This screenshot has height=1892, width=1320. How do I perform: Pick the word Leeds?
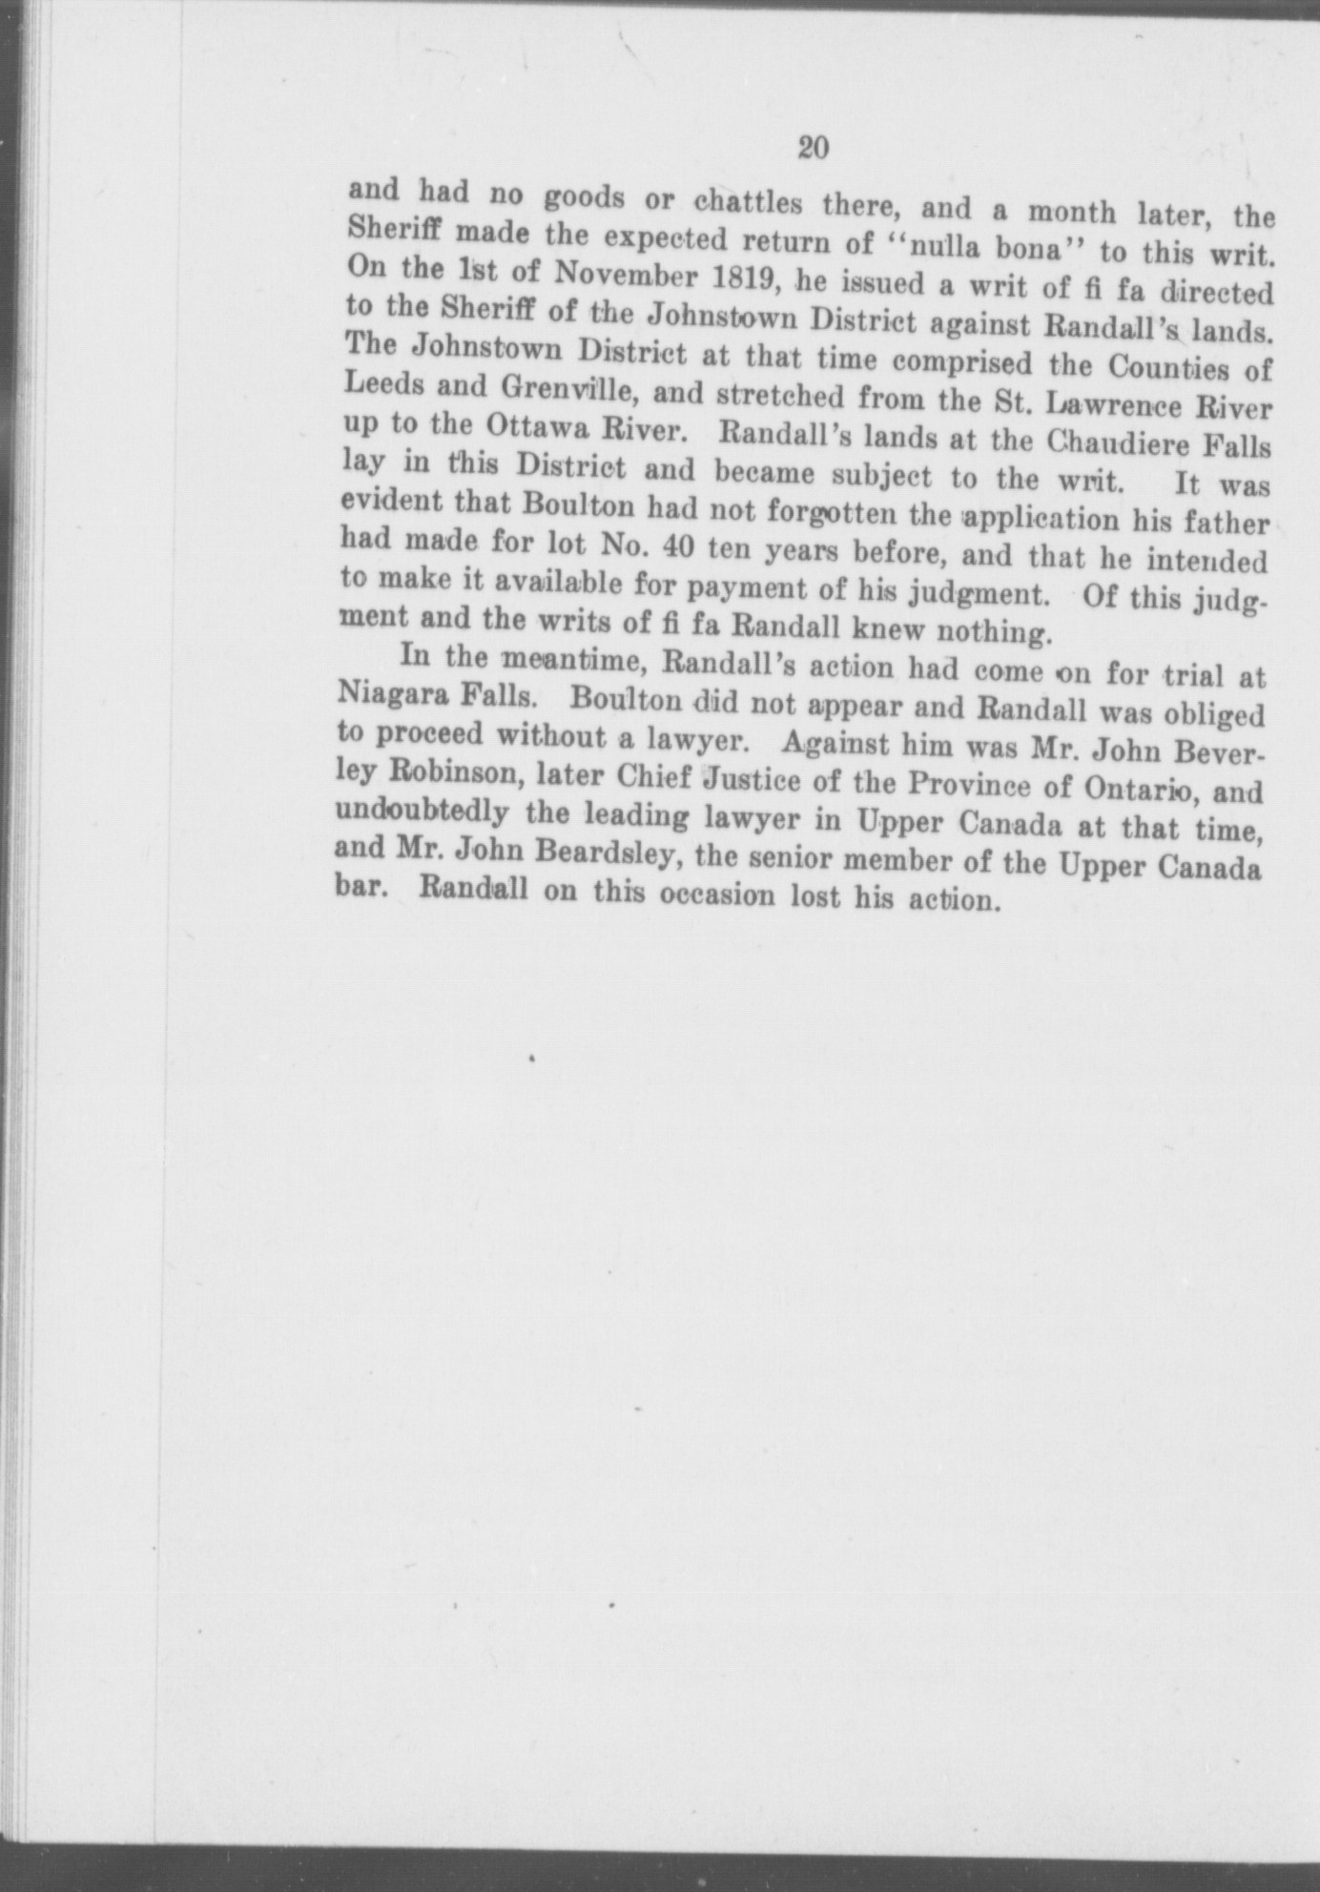382,383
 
